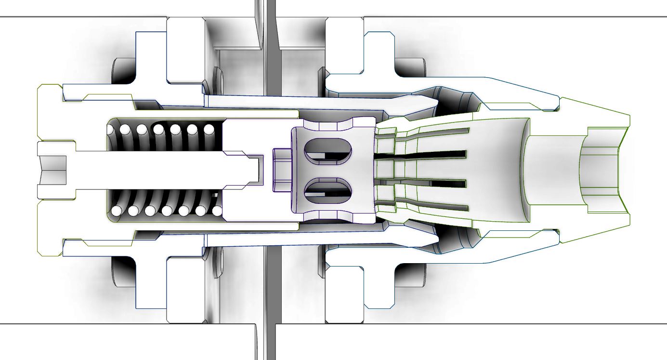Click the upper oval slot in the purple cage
(x=327, y=150)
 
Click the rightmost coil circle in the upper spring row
(x=209, y=130)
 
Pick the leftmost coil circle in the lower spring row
(x=116, y=211)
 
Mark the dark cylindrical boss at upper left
(x=123, y=70)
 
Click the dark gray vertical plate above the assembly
(x=270, y=48)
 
